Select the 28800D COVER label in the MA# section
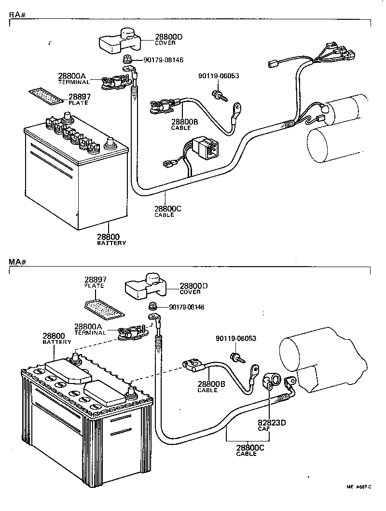click(x=193, y=288)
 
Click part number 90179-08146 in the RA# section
click(x=164, y=60)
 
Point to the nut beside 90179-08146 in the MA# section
click(x=152, y=306)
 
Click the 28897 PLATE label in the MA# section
click(x=96, y=282)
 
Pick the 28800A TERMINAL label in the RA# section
click(x=73, y=78)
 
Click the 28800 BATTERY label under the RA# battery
click(x=110, y=239)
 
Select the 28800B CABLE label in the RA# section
click(x=184, y=125)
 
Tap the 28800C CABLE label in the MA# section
click(x=250, y=450)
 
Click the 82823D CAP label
click(x=271, y=425)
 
